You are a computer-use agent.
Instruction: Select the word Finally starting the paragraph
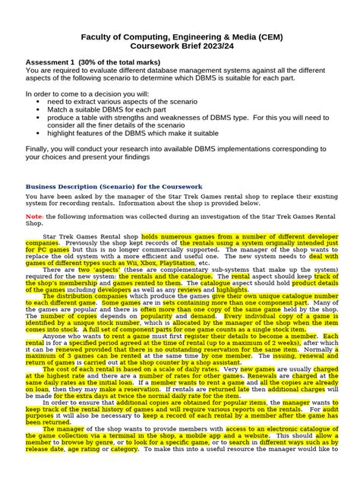(x=39, y=148)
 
